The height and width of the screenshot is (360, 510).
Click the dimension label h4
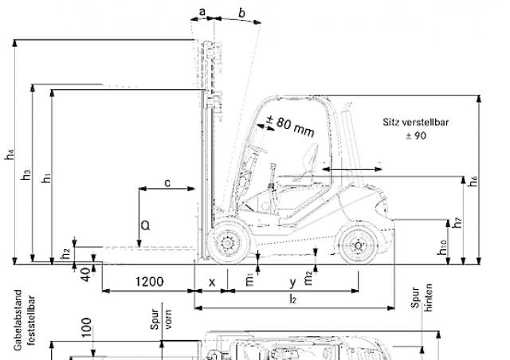[x=10, y=155]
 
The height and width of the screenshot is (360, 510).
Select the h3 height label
[x=26, y=174]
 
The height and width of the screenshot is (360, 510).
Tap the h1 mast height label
[x=46, y=178]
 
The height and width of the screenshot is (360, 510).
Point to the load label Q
[x=145, y=225]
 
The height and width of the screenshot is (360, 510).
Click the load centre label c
[x=167, y=183]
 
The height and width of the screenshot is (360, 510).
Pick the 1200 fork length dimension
[x=149, y=282]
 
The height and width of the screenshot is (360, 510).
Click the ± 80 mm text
[x=290, y=126]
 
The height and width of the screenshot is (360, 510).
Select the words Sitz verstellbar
[x=416, y=123]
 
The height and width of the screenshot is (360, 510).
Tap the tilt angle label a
[x=202, y=12]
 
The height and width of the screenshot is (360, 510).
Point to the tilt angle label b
[x=241, y=13]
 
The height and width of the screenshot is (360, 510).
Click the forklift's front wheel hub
[x=227, y=243]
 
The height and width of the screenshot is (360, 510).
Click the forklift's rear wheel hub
[x=358, y=245]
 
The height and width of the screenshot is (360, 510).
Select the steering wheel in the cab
[x=258, y=149]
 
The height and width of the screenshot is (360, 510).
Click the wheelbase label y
[x=292, y=282]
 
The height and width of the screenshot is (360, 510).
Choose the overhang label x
[x=212, y=282]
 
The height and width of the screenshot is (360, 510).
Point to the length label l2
[x=292, y=299]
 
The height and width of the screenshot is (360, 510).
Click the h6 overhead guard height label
[x=473, y=181]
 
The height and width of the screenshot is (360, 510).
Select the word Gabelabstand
[x=18, y=320]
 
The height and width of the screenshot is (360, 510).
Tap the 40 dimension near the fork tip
[x=85, y=274]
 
